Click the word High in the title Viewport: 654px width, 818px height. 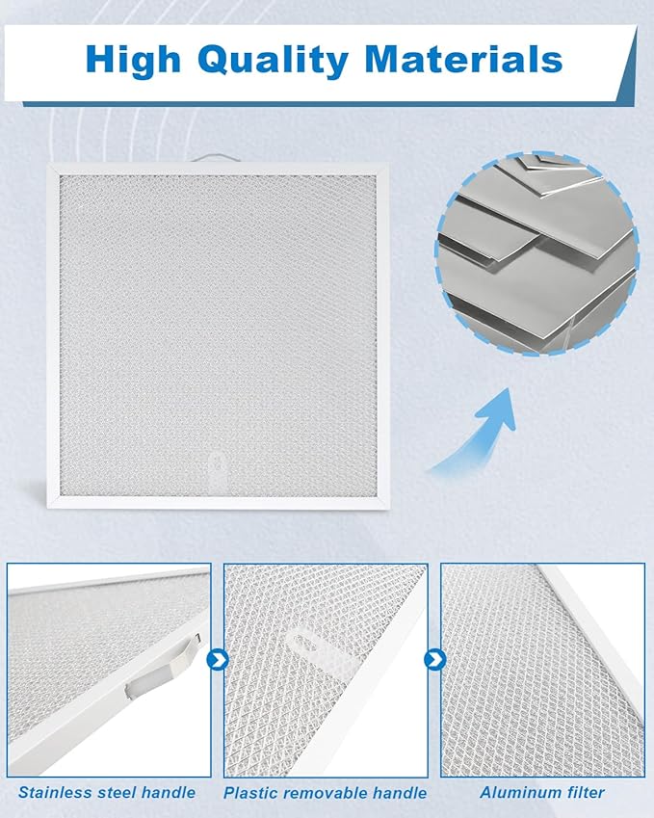click(x=133, y=59)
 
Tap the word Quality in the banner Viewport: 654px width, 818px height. click(x=273, y=61)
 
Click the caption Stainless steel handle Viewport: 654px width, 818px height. click(x=107, y=793)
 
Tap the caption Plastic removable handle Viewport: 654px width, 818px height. click(x=325, y=793)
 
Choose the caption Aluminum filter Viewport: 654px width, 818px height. click(x=542, y=793)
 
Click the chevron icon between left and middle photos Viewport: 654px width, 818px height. click(x=218, y=661)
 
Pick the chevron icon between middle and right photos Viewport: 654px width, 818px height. click(x=434, y=661)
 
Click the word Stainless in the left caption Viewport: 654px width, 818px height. click(x=56, y=793)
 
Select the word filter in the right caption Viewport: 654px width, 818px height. click(x=586, y=793)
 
